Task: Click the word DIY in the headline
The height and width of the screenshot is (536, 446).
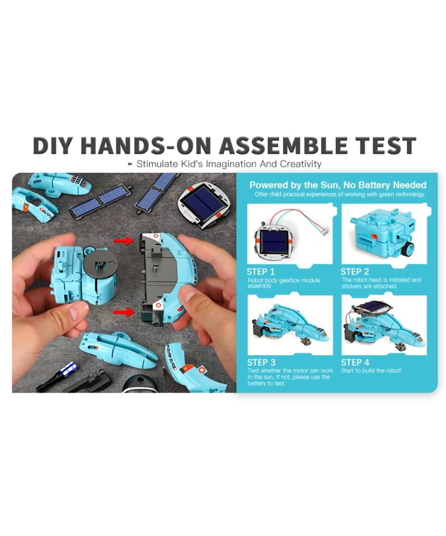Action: point(52,145)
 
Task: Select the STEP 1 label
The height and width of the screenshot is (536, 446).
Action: point(260,272)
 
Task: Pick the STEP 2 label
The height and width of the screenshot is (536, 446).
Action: point(355,272)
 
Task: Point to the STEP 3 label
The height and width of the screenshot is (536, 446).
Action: point(261,362)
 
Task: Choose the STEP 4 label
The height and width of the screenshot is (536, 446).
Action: point(355,362)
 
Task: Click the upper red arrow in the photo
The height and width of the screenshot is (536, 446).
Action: point(124,241)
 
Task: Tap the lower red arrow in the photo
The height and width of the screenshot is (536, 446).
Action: point(124,312)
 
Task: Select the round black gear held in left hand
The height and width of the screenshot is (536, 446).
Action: point(100,264)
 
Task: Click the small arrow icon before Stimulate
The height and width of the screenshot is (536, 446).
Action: point(130,164)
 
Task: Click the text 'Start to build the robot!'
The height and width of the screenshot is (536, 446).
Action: point(371,371)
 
